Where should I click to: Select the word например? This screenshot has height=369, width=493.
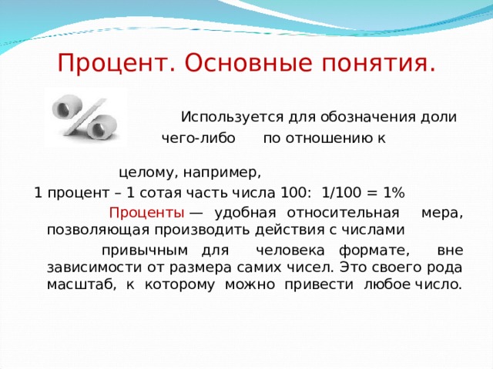pyautogui.click(x=223, y=171)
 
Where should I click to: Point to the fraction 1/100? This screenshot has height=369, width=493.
pyautogui.click(x=341, y=191)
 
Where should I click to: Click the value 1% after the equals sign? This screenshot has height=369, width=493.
pyautogui.click(x=393, y=191)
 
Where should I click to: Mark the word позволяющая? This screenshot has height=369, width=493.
pyautogui.click(x=87, y=229)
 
